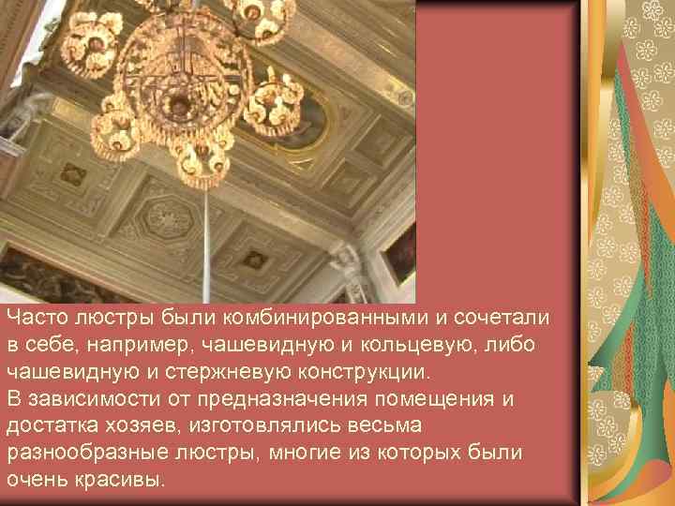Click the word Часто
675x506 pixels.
tap(36, 319)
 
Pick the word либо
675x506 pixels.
tap(513, 345)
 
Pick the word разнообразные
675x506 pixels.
tap(71, 453)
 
